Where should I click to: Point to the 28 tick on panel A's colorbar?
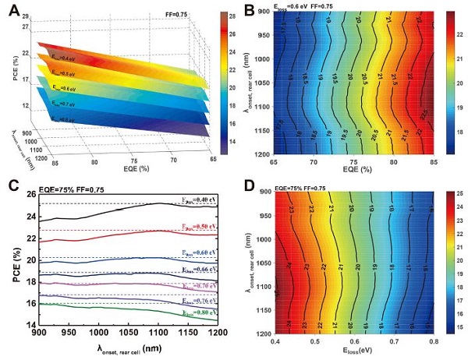(225, 15)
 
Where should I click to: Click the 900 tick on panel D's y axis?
(262, 192)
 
